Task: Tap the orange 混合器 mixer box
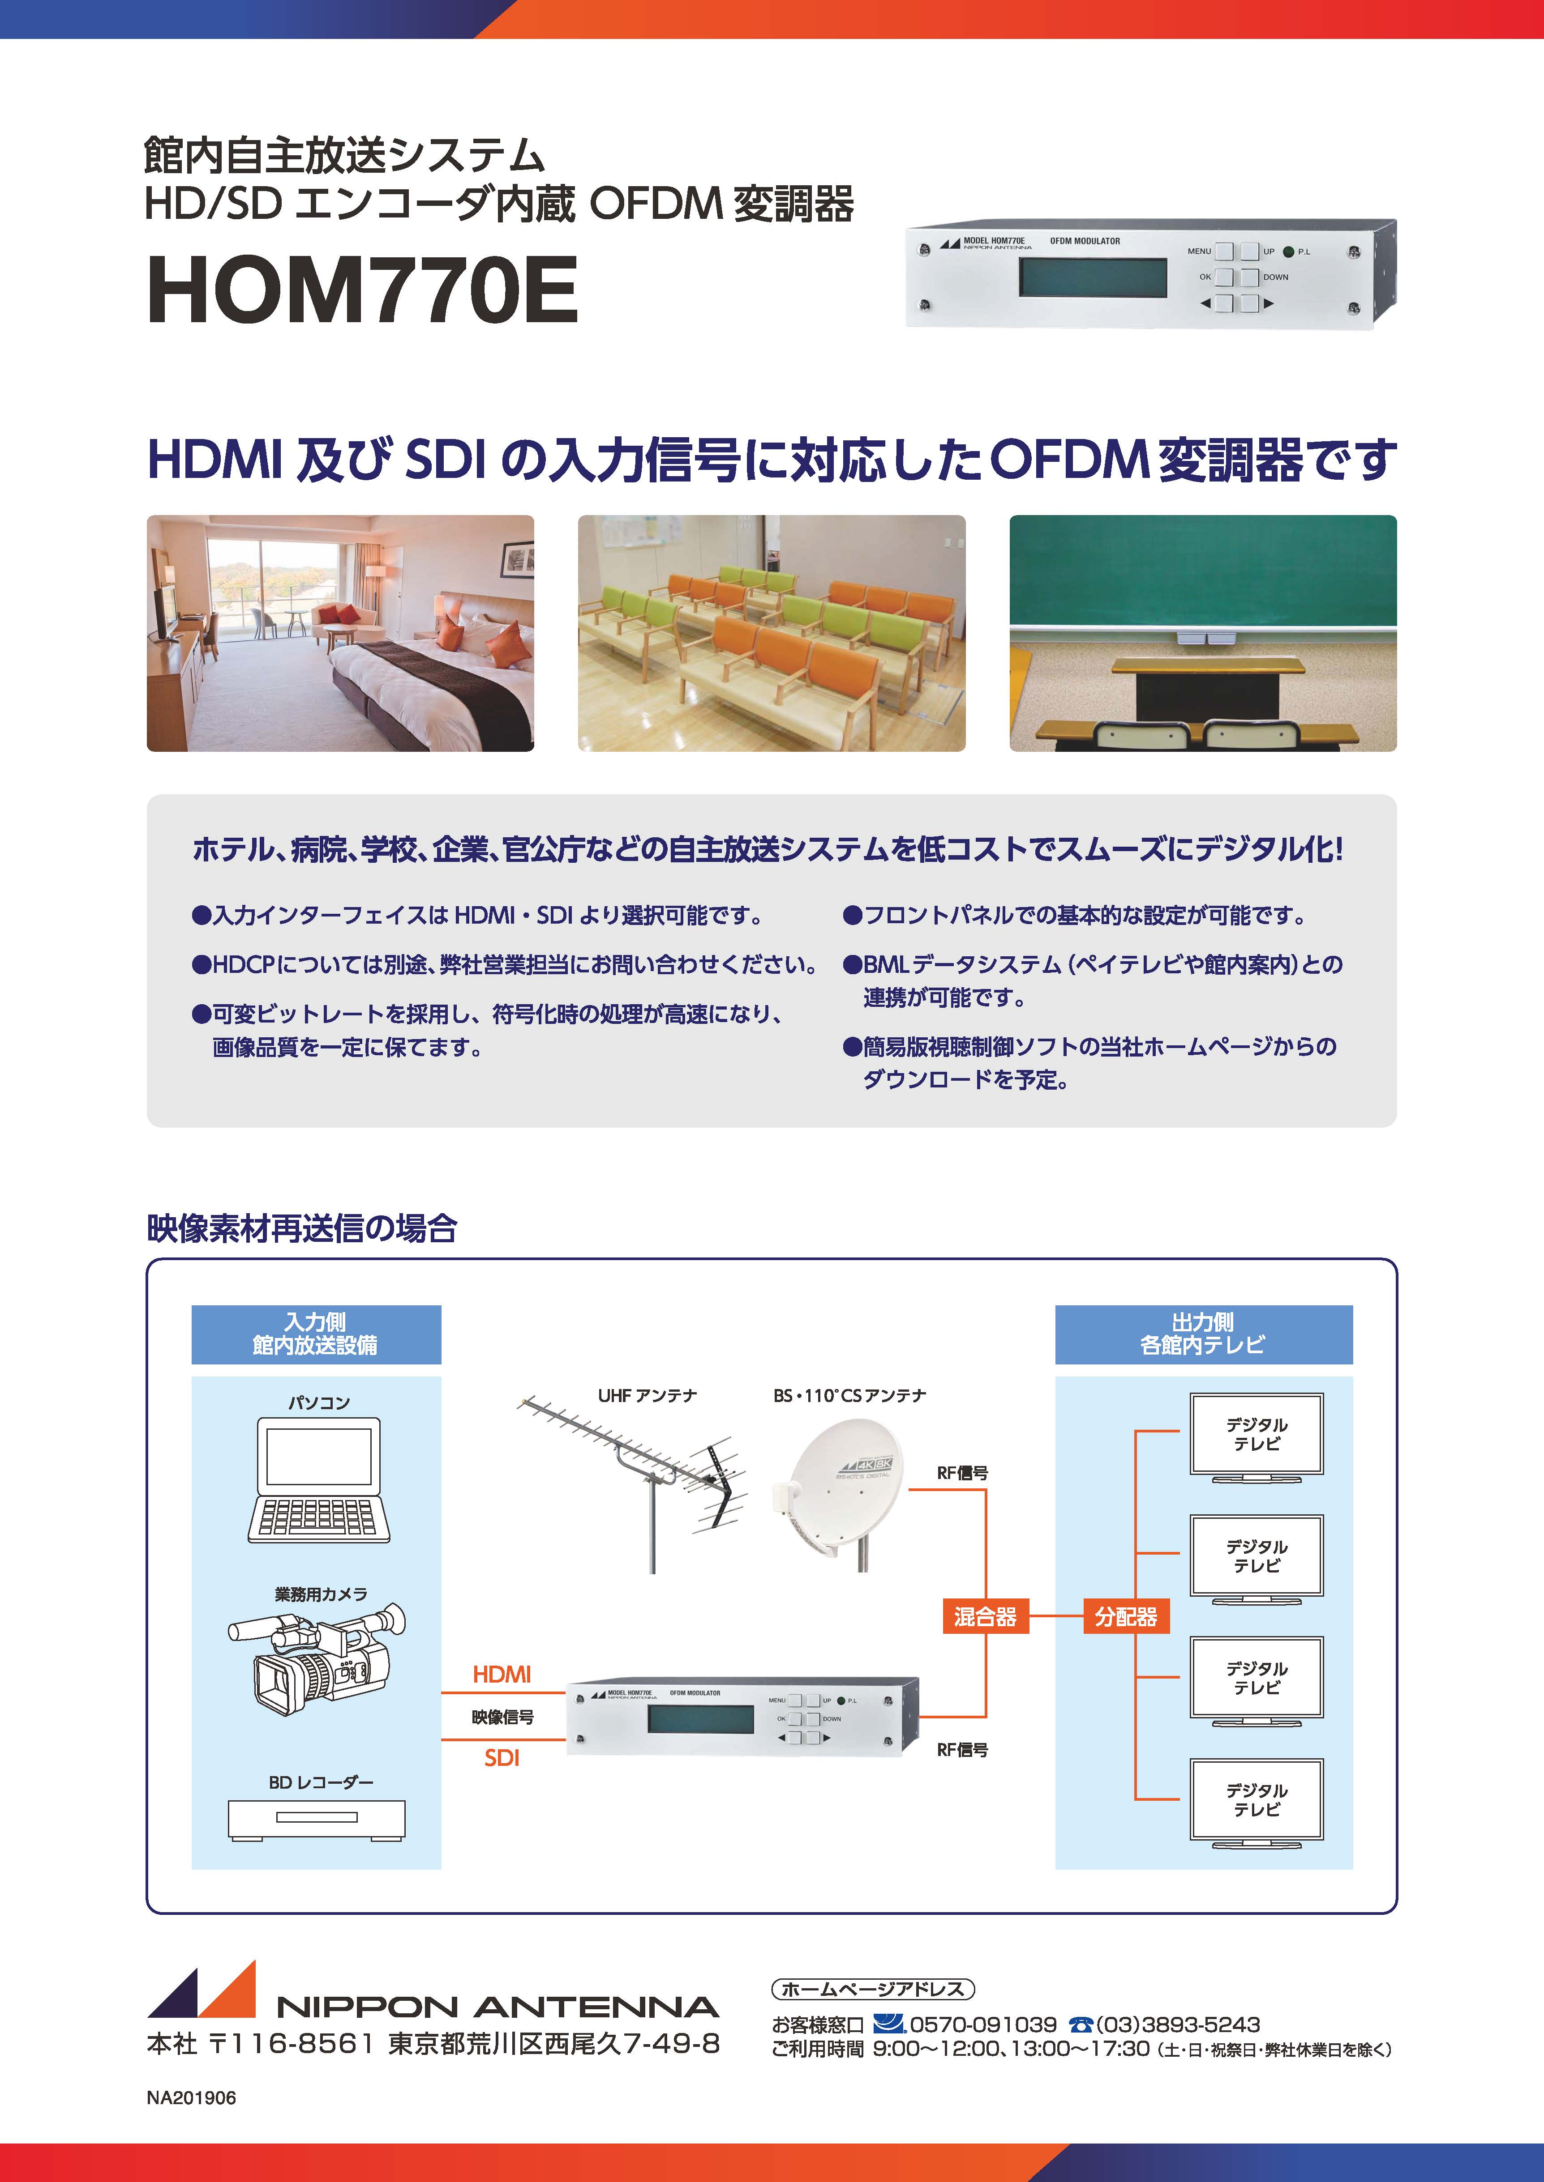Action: [985, 1615]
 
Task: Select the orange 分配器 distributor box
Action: [1126, 1615]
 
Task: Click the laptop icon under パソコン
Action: [318, 1480]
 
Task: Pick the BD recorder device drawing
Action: [317, 1820]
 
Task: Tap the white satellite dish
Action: [836, 1492]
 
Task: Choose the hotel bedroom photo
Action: [340, 633]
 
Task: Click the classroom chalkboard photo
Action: [1203, 633]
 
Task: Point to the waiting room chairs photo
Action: [772, 633]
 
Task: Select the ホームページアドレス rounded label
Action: [873, 1988]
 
